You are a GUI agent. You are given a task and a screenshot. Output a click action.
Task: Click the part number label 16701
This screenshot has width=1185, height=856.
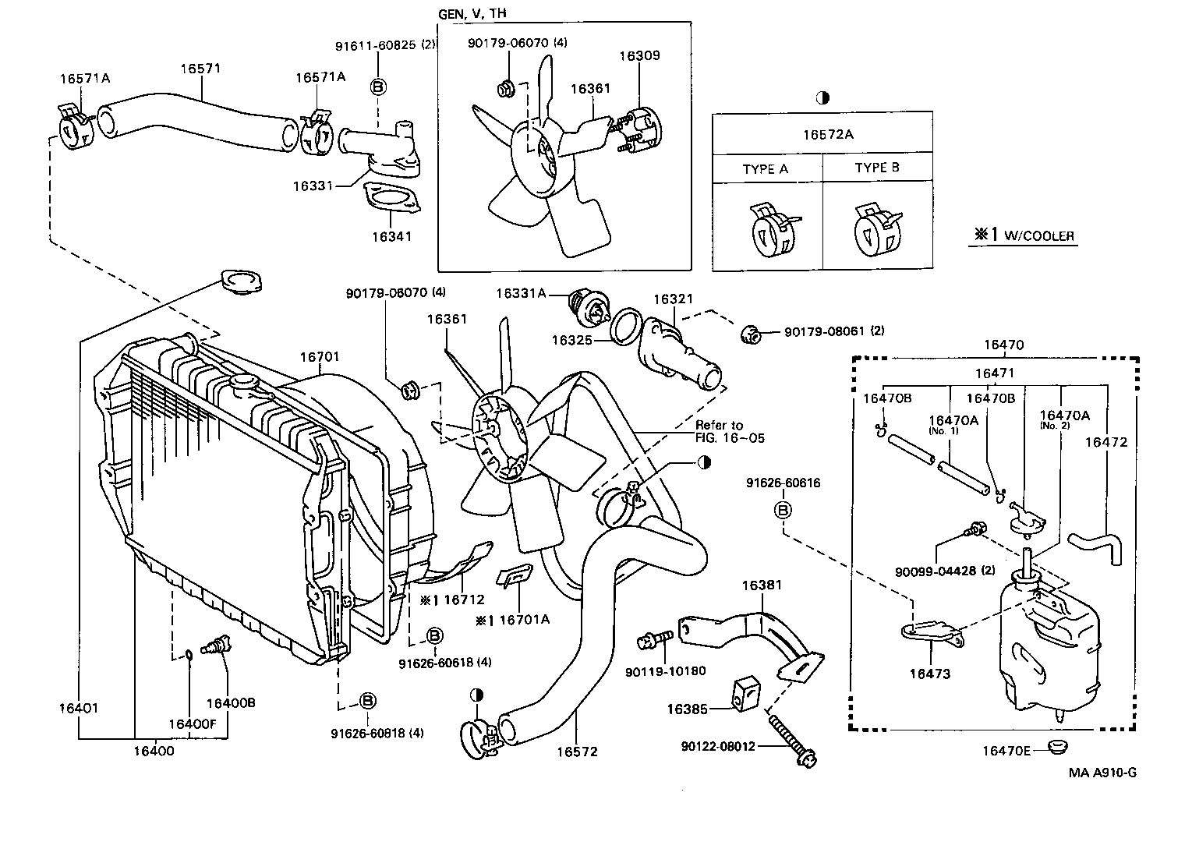(320, 357)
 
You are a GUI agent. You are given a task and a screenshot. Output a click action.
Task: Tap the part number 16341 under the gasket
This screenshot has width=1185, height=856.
(391, 236)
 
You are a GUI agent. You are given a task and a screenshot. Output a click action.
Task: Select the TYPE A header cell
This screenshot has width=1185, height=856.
(765, 169)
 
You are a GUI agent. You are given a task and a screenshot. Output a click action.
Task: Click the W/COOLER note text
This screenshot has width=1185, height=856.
(1023, 235)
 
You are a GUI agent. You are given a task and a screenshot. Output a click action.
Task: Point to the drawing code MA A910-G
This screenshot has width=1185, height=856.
(1102, 773)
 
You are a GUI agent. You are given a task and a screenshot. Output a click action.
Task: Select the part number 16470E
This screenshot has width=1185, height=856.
(1006, 751)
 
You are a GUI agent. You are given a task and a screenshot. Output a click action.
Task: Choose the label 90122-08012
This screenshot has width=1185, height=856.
(717, 746)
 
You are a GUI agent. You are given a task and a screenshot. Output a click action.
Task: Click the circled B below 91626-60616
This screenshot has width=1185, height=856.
(783, 510)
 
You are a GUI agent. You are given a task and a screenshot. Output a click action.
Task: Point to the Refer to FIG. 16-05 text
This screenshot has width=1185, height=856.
(730, 431)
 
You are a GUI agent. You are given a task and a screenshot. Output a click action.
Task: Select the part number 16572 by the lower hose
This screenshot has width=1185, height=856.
(577, 752)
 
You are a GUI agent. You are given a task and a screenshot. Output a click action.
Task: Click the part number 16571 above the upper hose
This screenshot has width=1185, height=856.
(201, 69)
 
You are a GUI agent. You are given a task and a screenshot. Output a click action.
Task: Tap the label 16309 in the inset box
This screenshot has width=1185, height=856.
(639, 55)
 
